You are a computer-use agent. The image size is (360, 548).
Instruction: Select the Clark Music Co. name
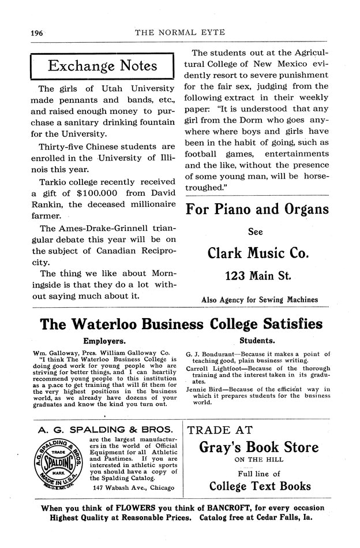click(254, 252)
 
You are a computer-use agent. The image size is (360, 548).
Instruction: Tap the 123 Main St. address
click(254, 276)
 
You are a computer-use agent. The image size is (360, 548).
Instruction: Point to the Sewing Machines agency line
click(260, 300)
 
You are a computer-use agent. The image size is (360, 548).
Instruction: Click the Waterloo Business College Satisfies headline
click(181, 323)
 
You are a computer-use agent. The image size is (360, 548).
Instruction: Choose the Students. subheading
click(257, 341)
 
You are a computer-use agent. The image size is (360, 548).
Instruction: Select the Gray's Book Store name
click(258, 447)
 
